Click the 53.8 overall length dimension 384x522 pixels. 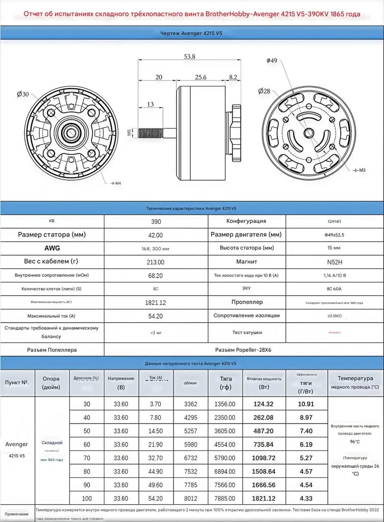click(x=189, y=57)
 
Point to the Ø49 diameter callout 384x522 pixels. click(x=272, y=60)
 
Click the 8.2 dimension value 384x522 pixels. click(x=233, y=77)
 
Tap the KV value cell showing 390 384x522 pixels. click(x=156, y=222)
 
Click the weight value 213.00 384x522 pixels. click(x=156, y=262)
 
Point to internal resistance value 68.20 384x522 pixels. click(x=156, y=275)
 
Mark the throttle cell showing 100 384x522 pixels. click(x=87, y=498)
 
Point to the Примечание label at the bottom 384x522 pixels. click(x=17, y=514)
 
